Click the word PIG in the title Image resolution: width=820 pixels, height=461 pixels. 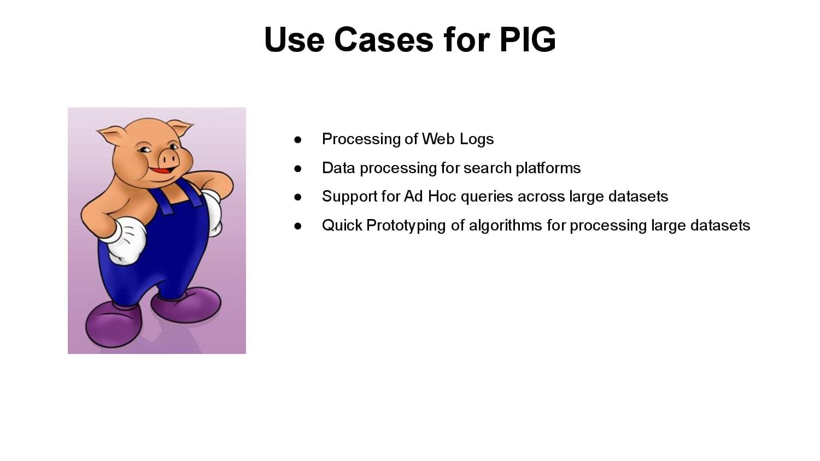tap(527, 40)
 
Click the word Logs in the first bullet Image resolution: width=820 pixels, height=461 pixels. tap(476, 139)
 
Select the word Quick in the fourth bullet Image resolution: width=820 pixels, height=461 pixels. tap(342, 225)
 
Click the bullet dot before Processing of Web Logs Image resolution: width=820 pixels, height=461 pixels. tap(298, 140)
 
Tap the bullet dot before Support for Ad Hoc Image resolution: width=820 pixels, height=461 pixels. tap(298, 197)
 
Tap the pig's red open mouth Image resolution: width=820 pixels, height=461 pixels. tap(160, 171)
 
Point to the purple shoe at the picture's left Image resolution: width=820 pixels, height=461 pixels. tap(114, 324)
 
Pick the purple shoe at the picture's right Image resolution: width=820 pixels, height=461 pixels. tap(187, 305)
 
